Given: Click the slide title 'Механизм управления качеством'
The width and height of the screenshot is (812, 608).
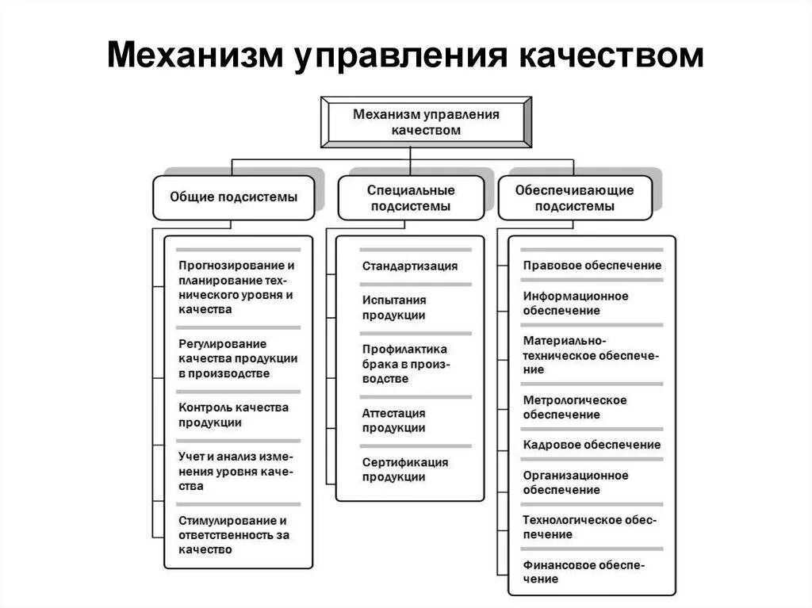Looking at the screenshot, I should [405, 56].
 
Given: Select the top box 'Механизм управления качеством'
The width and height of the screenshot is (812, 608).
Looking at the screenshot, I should [426, 122].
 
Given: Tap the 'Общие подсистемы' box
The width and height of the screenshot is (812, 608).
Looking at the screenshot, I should [234, 197].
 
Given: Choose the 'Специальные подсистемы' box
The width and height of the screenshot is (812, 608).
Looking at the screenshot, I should [410, 198].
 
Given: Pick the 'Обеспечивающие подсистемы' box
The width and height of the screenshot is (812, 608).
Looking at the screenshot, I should [574, 198].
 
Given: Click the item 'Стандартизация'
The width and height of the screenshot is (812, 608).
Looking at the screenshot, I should [410, 266].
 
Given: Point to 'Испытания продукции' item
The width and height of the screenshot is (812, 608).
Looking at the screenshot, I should [394, 308].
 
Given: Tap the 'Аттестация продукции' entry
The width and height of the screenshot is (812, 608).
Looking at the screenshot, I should [394, 420].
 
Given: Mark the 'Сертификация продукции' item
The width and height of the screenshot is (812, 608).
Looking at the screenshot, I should [405, 469].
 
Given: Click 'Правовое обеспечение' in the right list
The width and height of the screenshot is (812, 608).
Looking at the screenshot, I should [592, 266].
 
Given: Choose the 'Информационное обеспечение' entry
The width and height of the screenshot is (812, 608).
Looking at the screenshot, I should [576, 303].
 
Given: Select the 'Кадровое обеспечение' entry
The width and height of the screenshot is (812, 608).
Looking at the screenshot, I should [592, 445].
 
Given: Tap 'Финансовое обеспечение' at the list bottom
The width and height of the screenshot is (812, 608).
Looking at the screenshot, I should [584, 572].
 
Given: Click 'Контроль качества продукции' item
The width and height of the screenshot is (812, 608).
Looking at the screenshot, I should [234, 415].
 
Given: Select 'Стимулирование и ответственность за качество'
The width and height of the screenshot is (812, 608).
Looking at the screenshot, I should [234, 535].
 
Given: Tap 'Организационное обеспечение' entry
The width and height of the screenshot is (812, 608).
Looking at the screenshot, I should [576, 482].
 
